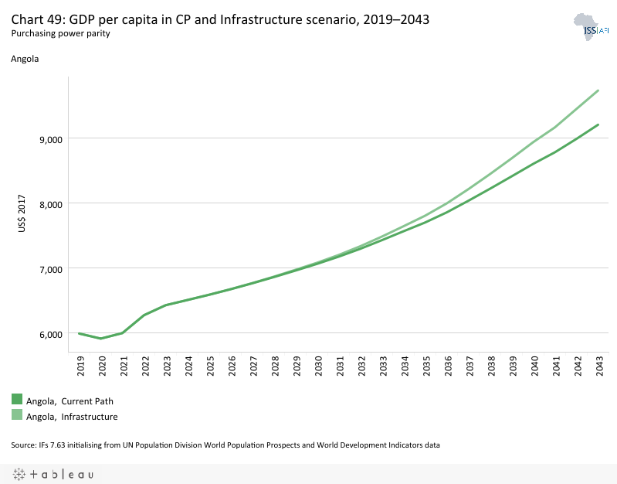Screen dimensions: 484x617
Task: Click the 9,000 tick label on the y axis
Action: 49,139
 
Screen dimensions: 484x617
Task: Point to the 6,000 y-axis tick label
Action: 49,334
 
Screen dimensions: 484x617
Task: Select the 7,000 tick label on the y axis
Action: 49,269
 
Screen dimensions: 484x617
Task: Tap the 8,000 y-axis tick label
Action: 49,204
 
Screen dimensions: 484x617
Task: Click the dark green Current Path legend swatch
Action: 17,399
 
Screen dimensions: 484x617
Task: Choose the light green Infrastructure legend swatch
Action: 17,415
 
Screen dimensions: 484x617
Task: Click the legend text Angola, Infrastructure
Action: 72,417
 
